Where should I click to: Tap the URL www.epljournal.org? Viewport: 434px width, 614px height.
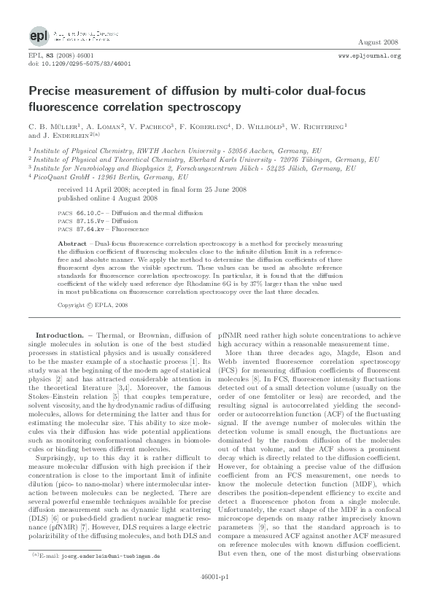tap(370, 55)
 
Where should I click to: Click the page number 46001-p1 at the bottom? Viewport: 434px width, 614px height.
tap(217, 595)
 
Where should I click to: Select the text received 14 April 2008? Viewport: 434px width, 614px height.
tap(97, 187)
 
